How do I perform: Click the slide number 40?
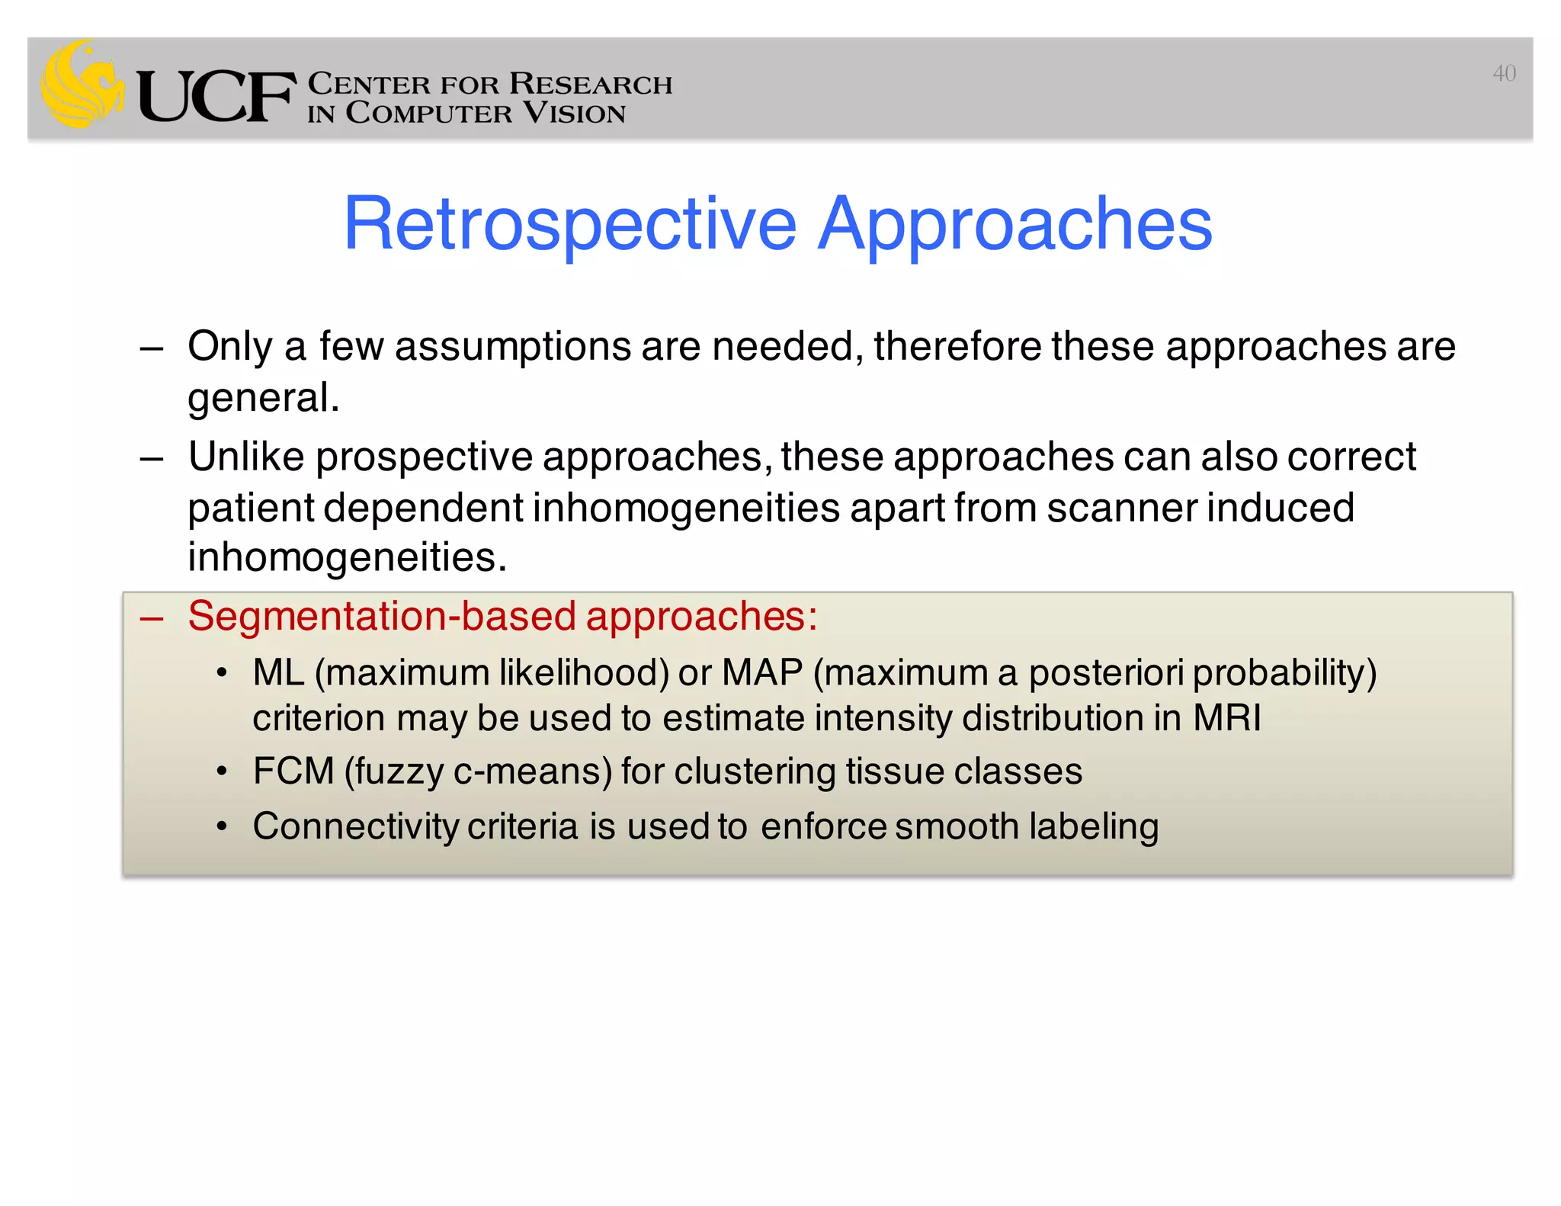pyautogui.click(x=1503, y=73)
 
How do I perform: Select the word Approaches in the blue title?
pyautogui.click(x=1014, y=224)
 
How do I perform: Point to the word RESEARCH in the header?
pyautogui.click(x=591, y=83)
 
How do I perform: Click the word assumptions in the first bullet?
pyautogui.click(x=512, y=347)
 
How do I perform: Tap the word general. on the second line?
pyautogui.click(x=263, y=398)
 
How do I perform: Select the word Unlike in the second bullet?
pyautogui.click(x=245, y=457)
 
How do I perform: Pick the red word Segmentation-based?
pyautogui.click(x=381, y=616)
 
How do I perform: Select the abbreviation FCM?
pyautogui.click(x=293, y=771)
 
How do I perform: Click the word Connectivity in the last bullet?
pyautogui.click(x=355, y=827)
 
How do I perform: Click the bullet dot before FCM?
pyautogui.click(x=222, y=772)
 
